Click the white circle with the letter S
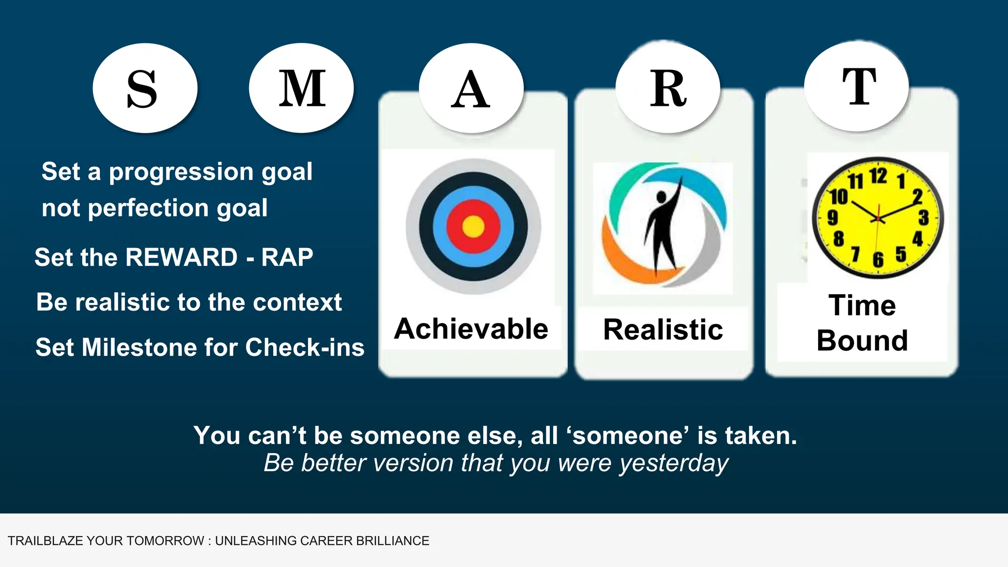[145, 88]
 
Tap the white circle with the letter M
[301, 88]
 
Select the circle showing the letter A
[471, 89]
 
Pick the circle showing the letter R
[668, 88]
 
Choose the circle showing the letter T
[857, 86]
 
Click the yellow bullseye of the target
[473, 227]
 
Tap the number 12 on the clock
[878, 176]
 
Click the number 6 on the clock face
[878, 259]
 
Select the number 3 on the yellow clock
[923, 217]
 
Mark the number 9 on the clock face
[832, 217]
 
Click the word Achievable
[471, 329]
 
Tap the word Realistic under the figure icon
[663, 329]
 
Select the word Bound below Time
[862, 341]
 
